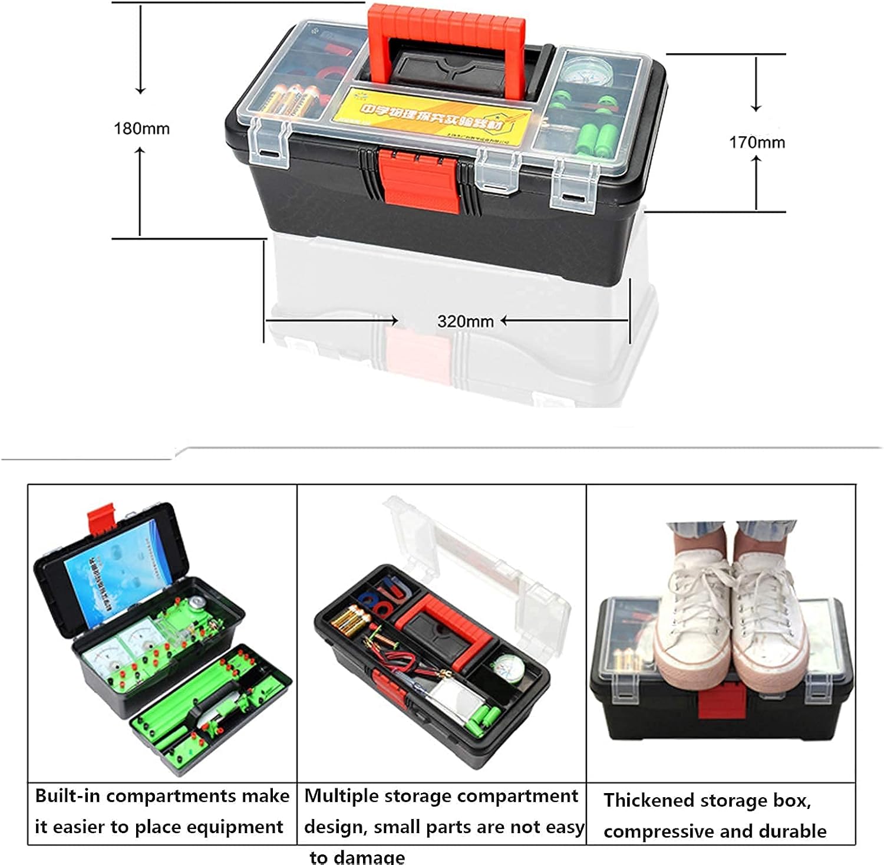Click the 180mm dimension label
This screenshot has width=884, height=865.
tap(141, 129)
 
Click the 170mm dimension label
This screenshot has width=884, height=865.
tap(757, 142)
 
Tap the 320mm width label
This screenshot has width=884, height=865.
tap(465, 321)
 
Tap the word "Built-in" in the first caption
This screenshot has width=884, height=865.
tap(67, 796)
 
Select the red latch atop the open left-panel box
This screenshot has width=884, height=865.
tap(100, 517)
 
